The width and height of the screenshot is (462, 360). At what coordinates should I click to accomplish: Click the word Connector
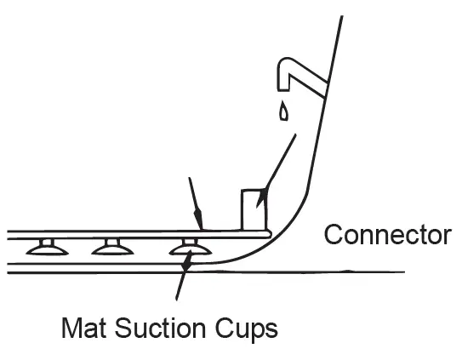pos(387,234)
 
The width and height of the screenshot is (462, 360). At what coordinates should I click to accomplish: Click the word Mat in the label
pos(83,328)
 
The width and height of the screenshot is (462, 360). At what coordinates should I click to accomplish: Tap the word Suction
pos(160,328)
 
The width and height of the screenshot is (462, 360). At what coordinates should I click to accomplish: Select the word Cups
pos(247,329)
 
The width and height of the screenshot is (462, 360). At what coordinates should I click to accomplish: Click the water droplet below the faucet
pos(283,111)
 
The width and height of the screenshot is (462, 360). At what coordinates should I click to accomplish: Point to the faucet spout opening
pos(283,89)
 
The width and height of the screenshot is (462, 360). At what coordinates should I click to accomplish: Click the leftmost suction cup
pos(47,250)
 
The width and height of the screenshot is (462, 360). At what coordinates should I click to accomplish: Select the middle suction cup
pos(112,250)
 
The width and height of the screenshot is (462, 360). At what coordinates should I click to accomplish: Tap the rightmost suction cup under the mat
pos(191,250)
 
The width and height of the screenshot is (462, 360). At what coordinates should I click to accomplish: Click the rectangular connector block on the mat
pos(254,209)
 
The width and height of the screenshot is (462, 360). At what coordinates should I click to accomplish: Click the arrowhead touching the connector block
pos(262,197)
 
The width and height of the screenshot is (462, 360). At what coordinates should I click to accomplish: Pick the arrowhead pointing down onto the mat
pos(198,220)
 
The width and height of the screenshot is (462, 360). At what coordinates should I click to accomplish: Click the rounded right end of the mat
pos(268,235)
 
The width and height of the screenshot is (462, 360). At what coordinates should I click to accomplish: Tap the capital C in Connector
pos(334,234)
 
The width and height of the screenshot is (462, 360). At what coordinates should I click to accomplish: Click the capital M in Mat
pos(71,328)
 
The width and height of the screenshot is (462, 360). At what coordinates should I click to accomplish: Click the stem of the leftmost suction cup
pos(47,242)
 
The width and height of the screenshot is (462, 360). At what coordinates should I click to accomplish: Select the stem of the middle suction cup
pos(113,242)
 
